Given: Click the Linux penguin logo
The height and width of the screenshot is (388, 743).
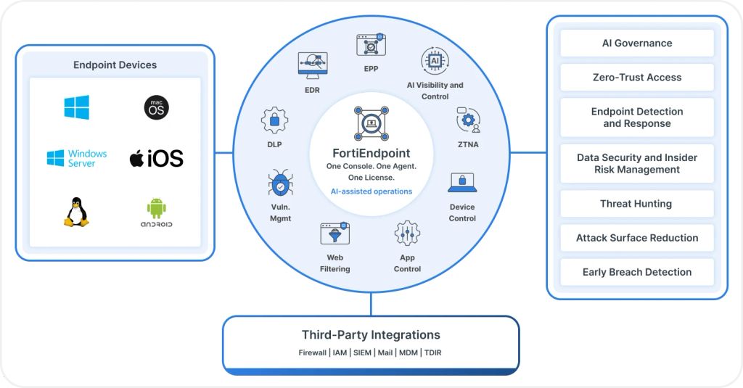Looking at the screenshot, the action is pyautogui.click(x=76, y=212).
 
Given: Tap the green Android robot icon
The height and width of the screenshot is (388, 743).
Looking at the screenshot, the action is pyautogui.click(x=157, y=208).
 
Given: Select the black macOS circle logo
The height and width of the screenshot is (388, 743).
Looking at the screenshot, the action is pyautogui.click(x=157, y=107).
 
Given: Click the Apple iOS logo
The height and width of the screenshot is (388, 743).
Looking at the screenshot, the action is pyautogui.click(x=157, y=158).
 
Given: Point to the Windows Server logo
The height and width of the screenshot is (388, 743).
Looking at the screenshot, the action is pyautogui.click(x=77, y=158).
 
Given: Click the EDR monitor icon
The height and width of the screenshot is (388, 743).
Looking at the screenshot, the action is pyautogui.click(x=312, y=65).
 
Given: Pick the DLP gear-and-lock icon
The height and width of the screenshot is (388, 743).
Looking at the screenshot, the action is pyautogui.click(x=274, y=120).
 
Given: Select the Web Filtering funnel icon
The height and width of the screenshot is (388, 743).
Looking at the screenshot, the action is pyautogui.click(x=335, y=234).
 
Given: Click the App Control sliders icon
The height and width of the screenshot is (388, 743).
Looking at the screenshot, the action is pyautogui.click(x=407, y=233).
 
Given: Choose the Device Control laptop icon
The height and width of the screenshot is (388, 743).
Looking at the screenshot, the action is pyautogui.click(x=462, y=183).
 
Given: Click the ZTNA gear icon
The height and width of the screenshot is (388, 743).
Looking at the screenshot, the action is pyautogui.click(x=469, y=120).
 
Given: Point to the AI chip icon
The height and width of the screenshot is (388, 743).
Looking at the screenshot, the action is pyautogui.click(x=435, y=61).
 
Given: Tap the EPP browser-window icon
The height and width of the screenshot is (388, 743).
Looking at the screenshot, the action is pyautogui.click(x=371, y=45).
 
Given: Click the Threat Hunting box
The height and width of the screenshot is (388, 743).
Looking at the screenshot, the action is pyautogui.click(x=637, y=204).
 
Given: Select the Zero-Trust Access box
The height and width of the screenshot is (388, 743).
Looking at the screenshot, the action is pyautogui.click(x=637, y=77).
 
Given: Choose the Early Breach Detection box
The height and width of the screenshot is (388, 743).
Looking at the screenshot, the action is pyautogui.click(x=637, y=272).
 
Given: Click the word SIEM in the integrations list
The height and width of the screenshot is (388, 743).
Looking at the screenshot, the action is pyautogui.click(x=362, y=352).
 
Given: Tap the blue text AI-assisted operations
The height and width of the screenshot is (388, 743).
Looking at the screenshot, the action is pyautogui.click(x=371, y=191).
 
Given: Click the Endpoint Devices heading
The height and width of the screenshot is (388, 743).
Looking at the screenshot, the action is pyautogui.click(x=115, y=65).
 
